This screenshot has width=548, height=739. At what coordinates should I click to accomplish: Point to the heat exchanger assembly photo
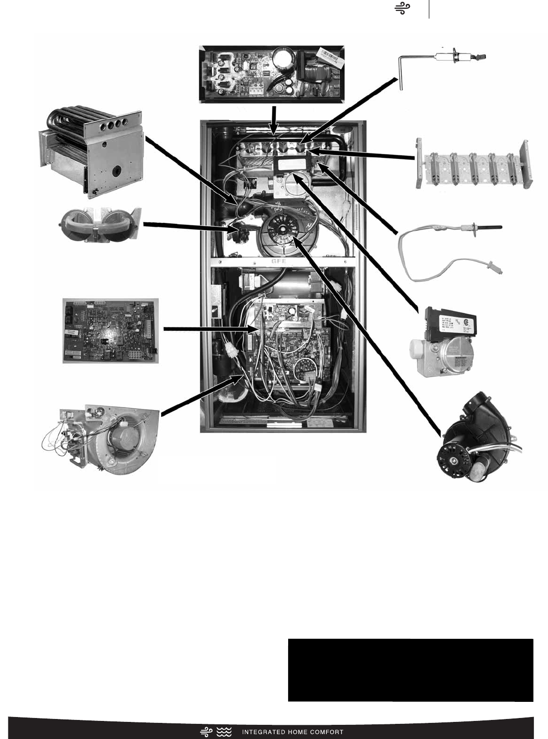[90, 152]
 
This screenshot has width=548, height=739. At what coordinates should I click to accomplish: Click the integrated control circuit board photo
[110, 330]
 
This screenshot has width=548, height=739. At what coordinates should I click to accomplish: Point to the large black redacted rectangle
[410, 670]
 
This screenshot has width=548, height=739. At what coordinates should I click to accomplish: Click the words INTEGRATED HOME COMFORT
[293, 732]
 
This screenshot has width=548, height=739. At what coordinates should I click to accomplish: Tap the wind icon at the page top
[402, 8]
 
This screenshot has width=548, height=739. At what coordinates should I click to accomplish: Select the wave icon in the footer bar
[224, 732]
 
